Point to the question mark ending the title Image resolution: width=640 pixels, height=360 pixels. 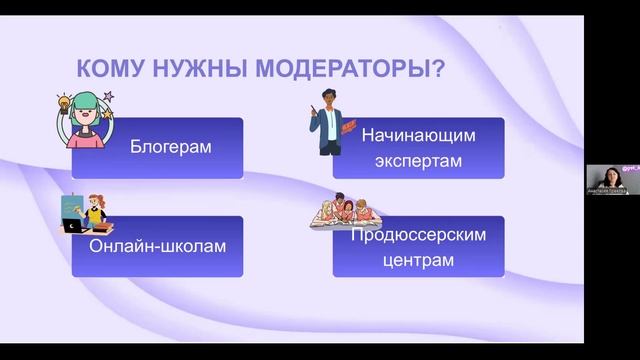(439, 69)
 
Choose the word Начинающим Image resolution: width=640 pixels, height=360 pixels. (418, 133)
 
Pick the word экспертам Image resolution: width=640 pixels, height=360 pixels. (418, 160)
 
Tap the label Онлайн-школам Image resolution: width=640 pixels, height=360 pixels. (157, 246)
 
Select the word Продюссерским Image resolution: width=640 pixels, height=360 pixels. (418, 234)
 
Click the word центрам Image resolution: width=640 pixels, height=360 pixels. (418, 261)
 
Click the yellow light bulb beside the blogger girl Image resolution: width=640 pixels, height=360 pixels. (63, 102)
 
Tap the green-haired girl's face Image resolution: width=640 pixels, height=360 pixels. (87, 112)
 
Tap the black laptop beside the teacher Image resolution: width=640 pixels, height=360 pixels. (72, 227)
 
